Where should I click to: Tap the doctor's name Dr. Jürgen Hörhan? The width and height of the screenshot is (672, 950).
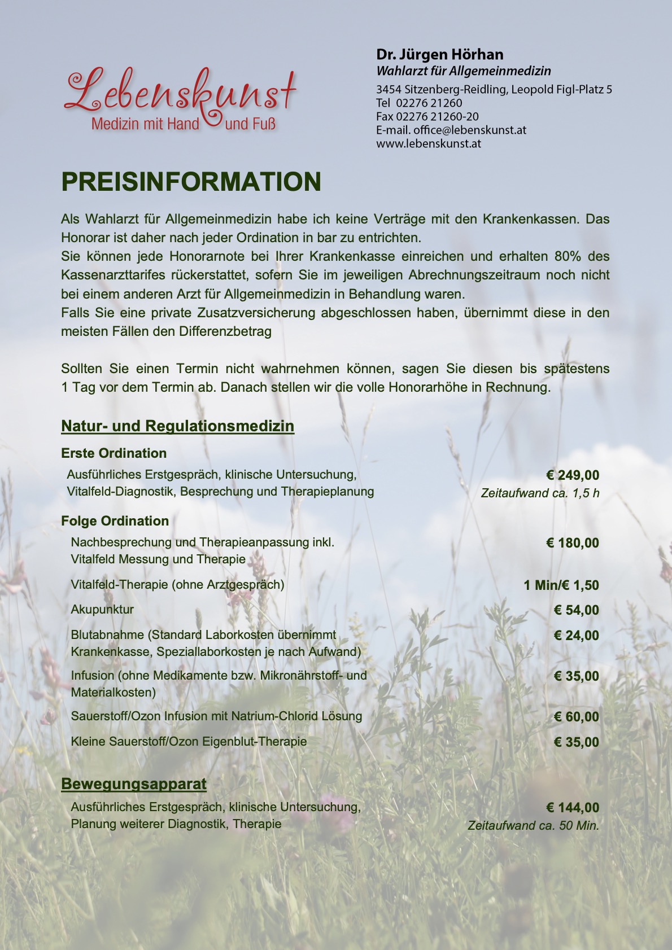pyautogui.click(x=439, y=55)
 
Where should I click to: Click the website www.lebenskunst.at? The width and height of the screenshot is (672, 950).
pyautogui.click(x=429, y=143)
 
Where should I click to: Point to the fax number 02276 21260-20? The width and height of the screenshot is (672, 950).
pyautogui.click(x=437, y=117)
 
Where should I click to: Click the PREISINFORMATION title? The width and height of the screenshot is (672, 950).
pyautogui.click(x=191, y=182)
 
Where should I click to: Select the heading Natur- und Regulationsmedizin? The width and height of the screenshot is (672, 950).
pyautogui.click(x=177, y=426)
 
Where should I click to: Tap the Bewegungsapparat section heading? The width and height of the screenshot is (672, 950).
pyautogui.click(x=134, y=784)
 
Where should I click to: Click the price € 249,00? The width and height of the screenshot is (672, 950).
pyautogui.click(x=573, y=475)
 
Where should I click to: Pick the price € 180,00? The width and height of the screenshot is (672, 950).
pyautogui.click(x=573, y=543)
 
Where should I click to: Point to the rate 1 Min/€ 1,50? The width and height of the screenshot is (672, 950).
pyautogui.click(x=561, y=585)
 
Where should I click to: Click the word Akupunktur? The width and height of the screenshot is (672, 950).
pyautogui.click(x=102, y=610)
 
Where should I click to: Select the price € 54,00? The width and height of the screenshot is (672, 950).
pyautogui.click(x=576, y=610)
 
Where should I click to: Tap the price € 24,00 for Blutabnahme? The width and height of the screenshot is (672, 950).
pyautogui.click(x=576, y=636)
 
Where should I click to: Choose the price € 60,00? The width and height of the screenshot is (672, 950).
pyautogui.click(x=576, y=717)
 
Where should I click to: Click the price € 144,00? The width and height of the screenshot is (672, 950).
pyautogui.click(x=573, y=808)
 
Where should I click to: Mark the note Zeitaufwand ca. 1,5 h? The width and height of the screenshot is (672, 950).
pyautogui.click(x=540, y=493)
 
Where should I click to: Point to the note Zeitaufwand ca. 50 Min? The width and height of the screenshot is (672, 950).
pyautogui.click(x=533, y=826)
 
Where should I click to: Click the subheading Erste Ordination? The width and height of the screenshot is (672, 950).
pyautogui.click(x=114, y=453)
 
